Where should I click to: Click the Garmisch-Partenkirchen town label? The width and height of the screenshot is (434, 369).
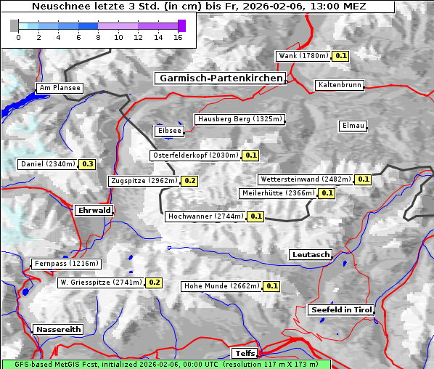pos(219,78)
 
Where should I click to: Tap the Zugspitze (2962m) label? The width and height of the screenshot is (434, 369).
pos(143,181)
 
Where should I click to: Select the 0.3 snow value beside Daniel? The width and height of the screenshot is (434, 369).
pos(88,164)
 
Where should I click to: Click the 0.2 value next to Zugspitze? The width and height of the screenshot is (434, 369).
pos(190,181)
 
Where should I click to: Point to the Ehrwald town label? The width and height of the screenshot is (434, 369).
pos(94,210)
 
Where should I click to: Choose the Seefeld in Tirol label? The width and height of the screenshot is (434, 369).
pos(340,309)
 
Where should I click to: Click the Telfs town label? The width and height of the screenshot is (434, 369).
pos(244,353)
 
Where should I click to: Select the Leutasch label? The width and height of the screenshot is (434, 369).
pos(311,254)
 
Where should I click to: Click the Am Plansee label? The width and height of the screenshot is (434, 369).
pos(60,88)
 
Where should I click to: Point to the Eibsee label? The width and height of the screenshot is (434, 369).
pos(168,131)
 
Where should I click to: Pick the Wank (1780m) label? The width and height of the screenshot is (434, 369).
pos(303,56)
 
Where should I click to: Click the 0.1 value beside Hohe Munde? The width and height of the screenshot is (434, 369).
pos(271,286)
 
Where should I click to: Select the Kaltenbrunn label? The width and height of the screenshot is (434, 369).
pos(339,85)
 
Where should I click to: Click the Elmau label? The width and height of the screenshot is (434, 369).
pos(353,126)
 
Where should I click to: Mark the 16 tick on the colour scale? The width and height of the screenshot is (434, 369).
pos(178,37)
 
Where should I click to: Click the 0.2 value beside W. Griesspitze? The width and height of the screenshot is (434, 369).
pos(154,283)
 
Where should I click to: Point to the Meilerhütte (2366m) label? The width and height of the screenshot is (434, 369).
pos(278,193)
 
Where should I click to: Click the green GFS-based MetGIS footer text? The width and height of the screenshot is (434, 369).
pos(165,364)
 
